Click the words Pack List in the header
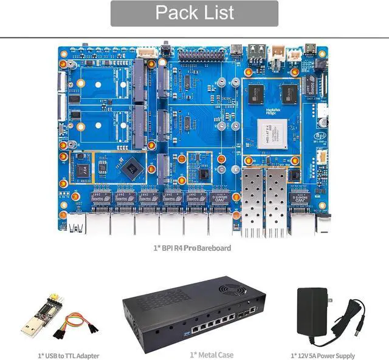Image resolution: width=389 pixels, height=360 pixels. click(x=194, y=13)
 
